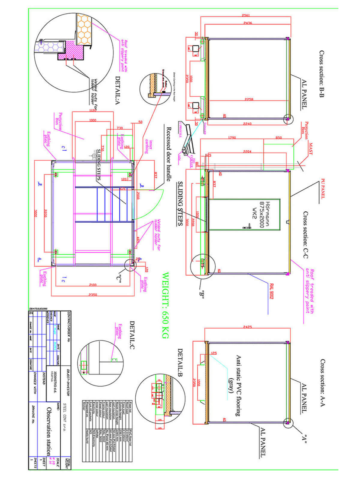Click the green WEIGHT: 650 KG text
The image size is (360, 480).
point(166,305)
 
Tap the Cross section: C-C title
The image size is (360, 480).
point(305,235)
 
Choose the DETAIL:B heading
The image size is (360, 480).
point(180,362)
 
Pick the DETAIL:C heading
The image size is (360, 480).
point(132,335)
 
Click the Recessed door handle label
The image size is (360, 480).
point(169,154)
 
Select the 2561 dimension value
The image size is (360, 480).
point(245,15)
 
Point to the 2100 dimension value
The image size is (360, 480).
point(93,285)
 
